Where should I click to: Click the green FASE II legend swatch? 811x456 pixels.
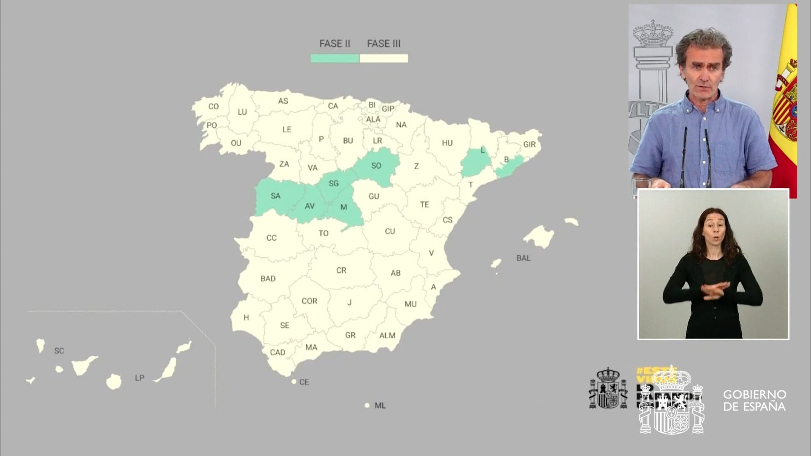click(335, 58)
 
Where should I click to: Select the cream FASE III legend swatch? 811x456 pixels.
click(384, 58)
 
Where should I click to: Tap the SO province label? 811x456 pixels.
click(376, 166)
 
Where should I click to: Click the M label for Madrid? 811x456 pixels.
click(343, 207)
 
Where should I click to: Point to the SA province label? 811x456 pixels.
click(275, 196)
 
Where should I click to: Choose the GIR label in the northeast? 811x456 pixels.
click(529, 144)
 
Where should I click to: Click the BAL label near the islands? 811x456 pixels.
click(523, 258)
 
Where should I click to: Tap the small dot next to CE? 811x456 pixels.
click(294, 382)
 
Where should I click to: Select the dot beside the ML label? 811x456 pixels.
click(367, 405)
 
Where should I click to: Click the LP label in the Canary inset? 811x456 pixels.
click(139, 378)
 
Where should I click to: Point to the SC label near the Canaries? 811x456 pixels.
click(59, 351)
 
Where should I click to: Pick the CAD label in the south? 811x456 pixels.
click(278, 353)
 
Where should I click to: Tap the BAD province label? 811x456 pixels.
click(268, 279)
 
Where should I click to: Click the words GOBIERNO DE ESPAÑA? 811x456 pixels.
click(754, 400)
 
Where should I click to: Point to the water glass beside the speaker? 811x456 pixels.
click(642, 186)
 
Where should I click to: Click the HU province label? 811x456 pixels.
click(447, 143)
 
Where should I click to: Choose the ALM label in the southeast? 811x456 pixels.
click(387, 336)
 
